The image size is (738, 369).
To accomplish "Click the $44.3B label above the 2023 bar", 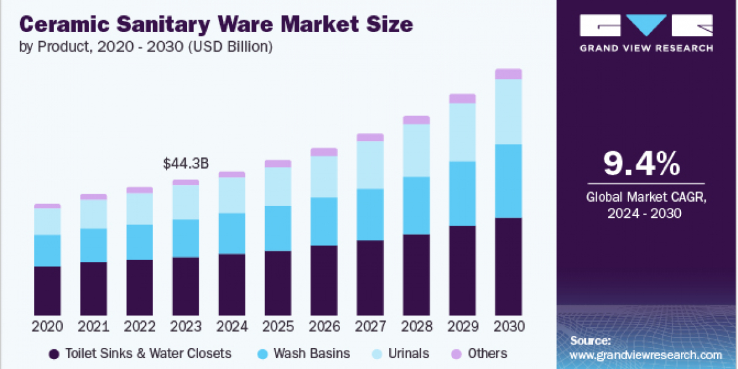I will click(x=186, y=164).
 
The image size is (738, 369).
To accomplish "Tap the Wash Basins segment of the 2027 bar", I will click(x=370, y=214).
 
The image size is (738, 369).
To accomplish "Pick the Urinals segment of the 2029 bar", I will click(x=462, y=132).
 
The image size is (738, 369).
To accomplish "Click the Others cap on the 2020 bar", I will click(x=47, y=206).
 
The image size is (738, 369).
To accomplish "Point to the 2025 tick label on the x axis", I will click(x=278, y=326).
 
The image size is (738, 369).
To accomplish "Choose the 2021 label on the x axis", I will click(x=93, y=326).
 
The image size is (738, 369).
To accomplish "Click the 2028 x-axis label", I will click(x=416, y=326).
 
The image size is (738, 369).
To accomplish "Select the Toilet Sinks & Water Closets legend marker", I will click(x=54, y=354).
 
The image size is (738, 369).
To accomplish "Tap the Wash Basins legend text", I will click(x=312, y=354).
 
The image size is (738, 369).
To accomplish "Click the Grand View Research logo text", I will click(x=646, y=47).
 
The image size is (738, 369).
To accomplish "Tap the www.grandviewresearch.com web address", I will click(x=646, y=355).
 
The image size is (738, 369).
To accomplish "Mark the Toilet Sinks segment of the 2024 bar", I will click(x=232, y=285).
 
